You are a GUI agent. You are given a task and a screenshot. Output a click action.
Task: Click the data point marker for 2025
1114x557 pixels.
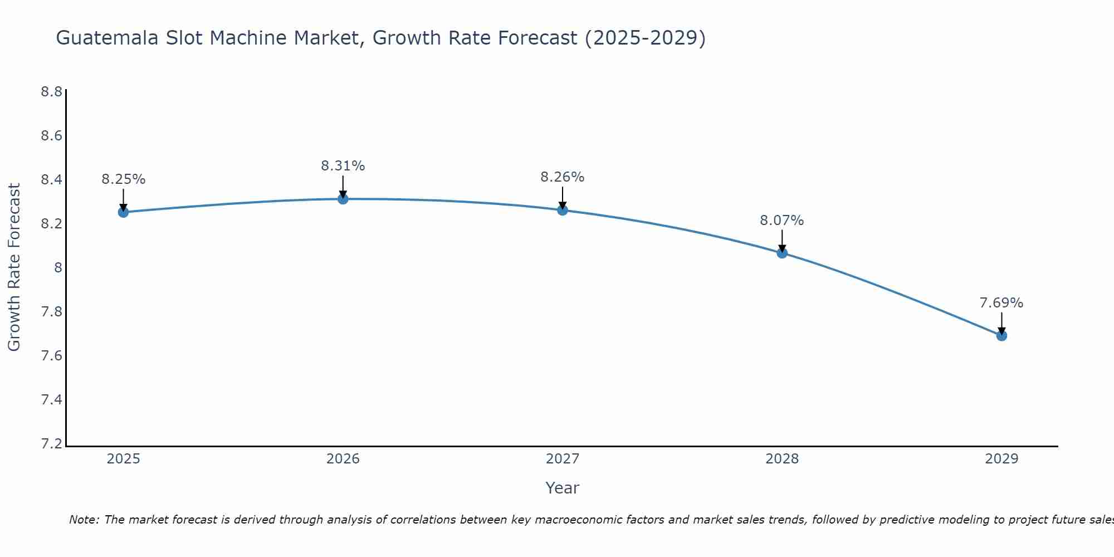pos(123,212)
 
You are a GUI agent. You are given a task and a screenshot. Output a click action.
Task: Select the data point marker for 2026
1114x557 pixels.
pos(343,199)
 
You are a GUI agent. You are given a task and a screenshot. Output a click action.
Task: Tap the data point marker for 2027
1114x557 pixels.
pos(562,210)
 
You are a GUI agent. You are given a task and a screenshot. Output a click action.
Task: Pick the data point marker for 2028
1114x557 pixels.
pos(782,253)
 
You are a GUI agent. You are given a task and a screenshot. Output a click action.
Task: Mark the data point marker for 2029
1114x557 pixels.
pos(1001,336)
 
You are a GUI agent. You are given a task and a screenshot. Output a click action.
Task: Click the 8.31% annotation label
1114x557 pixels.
pos(343,166)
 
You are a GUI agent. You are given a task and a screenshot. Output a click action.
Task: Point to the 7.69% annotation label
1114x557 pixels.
pos(1001,303)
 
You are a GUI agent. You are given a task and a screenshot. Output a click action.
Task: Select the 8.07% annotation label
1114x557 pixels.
pos(782,221)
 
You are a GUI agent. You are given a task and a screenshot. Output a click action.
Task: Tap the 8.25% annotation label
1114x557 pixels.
pos(123,179)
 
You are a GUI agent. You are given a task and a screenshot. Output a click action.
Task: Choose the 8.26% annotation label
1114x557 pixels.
pos(562,177)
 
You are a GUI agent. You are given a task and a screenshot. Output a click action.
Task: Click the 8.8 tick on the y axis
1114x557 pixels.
pos(51,92)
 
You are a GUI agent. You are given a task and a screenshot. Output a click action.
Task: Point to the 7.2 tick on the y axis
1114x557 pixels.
pos(51,444)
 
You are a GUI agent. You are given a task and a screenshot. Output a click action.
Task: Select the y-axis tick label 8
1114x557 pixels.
pos(57,268)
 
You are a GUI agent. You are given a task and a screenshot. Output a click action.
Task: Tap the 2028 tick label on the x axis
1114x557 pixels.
pos(782,459)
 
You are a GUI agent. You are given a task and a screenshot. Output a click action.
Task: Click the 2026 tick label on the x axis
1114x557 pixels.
pos(343,459)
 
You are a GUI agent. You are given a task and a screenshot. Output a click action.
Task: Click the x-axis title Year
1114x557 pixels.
pos(562,488)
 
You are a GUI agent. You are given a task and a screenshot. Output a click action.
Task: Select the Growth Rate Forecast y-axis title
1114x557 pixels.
pos(14,267)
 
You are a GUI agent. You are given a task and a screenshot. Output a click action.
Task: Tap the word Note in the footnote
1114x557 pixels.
pos(84,520)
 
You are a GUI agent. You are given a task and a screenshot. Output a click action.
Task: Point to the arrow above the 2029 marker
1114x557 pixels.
pos(1001,323)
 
